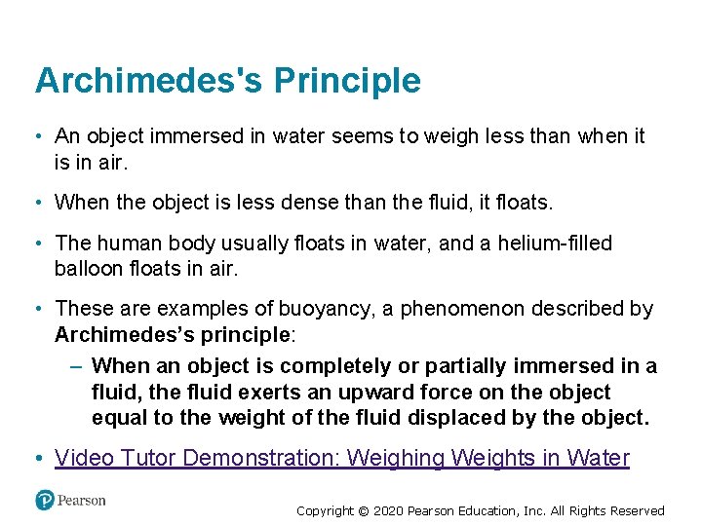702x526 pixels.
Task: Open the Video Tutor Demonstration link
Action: [342, 458]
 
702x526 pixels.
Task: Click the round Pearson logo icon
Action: [45, 501]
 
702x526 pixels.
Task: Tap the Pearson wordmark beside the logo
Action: [81, 501]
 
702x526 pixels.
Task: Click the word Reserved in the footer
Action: [637, 510]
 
